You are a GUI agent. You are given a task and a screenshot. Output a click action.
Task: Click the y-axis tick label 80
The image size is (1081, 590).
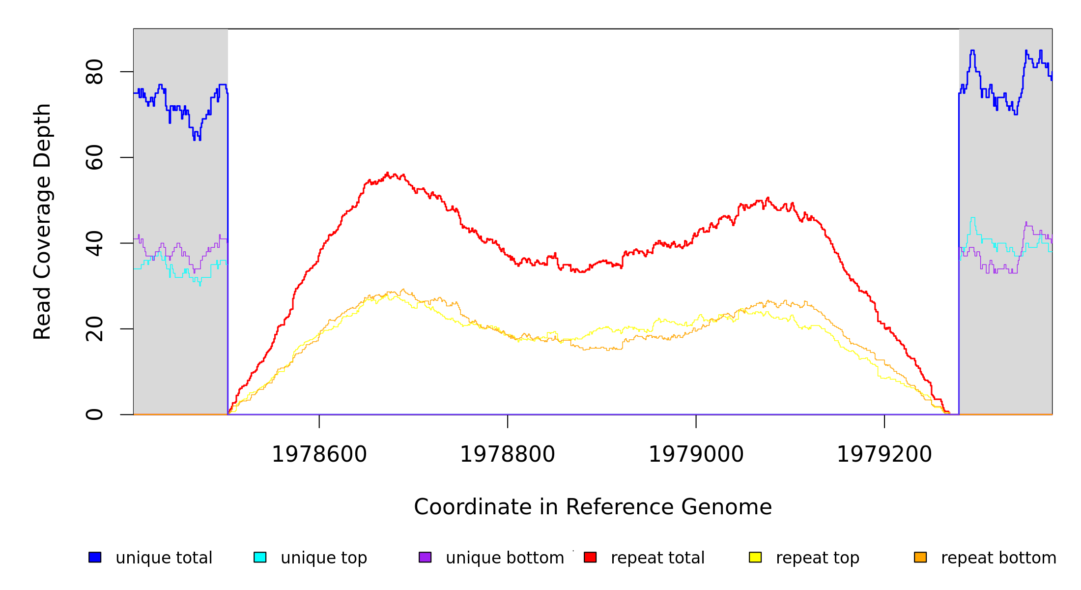click(94, 72)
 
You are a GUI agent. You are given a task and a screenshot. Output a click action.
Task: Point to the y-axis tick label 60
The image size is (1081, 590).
click(94, 157)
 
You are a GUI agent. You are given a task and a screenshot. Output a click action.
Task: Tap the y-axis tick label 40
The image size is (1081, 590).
click(94, 243)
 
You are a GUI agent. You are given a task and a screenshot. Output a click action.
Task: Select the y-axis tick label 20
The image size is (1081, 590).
click(94, 329)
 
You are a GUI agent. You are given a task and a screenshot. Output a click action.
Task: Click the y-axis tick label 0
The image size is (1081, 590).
click(94, 414)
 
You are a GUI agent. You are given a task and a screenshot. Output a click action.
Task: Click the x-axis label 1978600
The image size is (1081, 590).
click(319, 454)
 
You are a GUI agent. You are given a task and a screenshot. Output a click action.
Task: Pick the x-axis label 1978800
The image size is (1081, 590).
click(508, 454)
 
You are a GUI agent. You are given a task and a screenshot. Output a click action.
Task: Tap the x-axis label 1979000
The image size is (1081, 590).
click(696, 454)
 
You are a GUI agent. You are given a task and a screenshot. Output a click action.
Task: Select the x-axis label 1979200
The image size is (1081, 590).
click(884, 454)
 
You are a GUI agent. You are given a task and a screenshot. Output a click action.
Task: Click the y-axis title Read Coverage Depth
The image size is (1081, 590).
click(42, 221)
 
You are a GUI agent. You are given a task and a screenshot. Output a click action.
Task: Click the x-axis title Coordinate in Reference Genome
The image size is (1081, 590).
click(593, 507)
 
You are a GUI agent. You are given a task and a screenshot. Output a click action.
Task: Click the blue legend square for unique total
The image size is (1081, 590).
click(95, 557)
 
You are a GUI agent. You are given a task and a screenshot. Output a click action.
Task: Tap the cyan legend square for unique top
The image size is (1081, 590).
click(260, 557)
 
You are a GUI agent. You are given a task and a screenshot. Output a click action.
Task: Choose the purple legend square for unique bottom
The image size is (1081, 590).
click(425, 557)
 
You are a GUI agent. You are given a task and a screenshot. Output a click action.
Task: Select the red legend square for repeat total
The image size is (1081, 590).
click(590, 557)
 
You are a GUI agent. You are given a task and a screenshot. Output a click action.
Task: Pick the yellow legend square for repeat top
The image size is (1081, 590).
click(755, 557)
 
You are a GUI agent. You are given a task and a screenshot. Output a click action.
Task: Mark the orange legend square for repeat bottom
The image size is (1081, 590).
click(920, 557)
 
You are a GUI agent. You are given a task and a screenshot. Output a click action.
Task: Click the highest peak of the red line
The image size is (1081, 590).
click(387, 173)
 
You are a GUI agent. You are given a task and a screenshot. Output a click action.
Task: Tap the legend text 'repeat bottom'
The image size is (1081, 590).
click(998, 558)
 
